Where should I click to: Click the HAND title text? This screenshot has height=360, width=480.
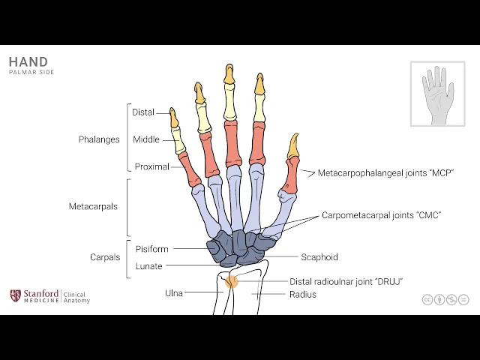pyautogui.click(x=28, y=62)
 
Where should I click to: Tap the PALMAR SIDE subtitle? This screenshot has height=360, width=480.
pyautogui.click(x=31, y=73)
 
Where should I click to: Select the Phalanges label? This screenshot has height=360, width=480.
pyautogui.click(x=99, y=139)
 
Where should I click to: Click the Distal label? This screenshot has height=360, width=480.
pyautogui.click(x=143, y=112)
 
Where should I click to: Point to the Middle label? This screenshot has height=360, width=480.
pyautogui.click(x=145, y=139)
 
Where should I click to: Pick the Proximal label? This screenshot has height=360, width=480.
pyautogui.click(x=152, y=166)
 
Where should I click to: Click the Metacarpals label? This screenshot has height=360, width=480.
pyautogui.click(x=93, y=207)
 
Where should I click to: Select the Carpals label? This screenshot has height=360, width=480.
pyautogui.click(x=105, y=257)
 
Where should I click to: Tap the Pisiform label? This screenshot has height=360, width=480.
pyautogui.click(x=152, y=249)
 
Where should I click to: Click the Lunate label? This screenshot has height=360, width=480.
pyautogui.click(x=148, y=266)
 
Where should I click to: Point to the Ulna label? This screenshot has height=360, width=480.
pyautogui.click(x=174, y=292)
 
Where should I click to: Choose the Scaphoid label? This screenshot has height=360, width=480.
pyautogui.click(x=319, y=257)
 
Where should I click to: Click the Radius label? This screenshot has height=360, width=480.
pyautogui.click(x=303, y=294)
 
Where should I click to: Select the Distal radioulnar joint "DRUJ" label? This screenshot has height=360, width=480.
pyautogui.click(x=346, y=281)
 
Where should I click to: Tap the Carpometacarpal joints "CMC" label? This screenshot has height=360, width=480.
pyautogui.click(x=382, y=215)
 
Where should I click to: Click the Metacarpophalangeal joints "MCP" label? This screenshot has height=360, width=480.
pyautogui.click(x=386, y=173)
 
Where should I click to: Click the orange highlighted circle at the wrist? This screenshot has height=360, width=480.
pyautogui.click(x=232, y=282)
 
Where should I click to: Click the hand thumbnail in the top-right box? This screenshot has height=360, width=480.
pyautogui.click(x=438, y=94)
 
